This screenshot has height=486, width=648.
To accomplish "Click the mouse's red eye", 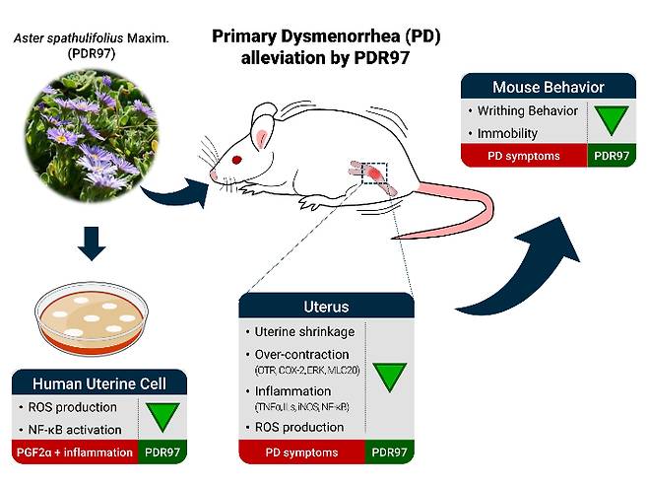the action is [236, 160].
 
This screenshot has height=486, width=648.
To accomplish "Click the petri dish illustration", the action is [92, 318].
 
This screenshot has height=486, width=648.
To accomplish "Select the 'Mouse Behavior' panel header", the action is [549, 87].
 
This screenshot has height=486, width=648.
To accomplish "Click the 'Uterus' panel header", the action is [327, 306].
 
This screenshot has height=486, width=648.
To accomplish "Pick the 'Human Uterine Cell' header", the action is [99, 382].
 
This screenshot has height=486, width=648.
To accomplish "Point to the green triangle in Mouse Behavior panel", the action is [612, 120].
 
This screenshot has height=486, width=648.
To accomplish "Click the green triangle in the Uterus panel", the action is [389, 378].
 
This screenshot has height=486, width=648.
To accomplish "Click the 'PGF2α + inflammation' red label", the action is [75, 452].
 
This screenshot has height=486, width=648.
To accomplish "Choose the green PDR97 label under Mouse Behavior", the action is [612, 156].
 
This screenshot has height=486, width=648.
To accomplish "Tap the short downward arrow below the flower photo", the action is [92, 243].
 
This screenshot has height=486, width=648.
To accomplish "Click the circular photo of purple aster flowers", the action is [92, 135].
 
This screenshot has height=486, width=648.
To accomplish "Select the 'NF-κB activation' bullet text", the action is [75, 430].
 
